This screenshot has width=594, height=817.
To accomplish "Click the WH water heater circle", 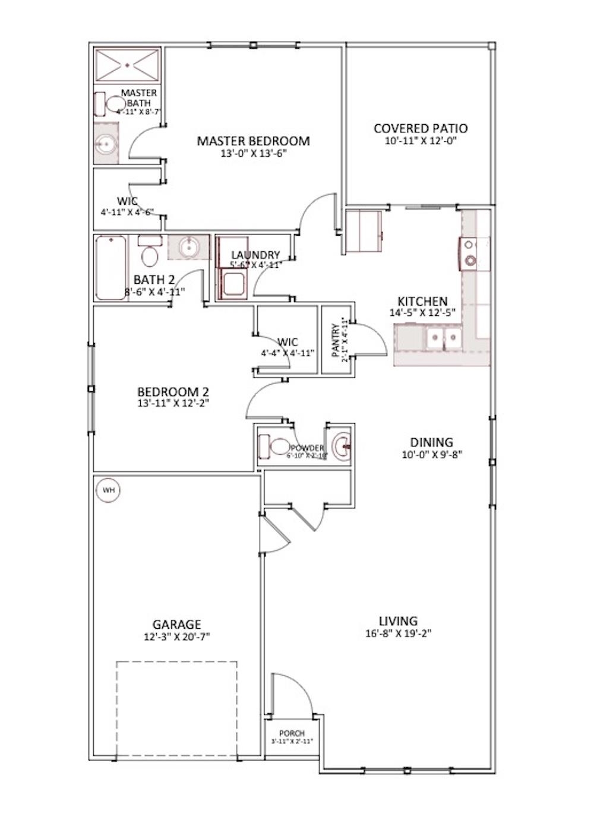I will coord(109,490).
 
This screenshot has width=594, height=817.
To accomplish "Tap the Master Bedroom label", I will coord(253,141).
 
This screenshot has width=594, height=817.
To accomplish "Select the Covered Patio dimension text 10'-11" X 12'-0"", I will coord(421,141).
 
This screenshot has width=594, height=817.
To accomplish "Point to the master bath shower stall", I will coord(127,65).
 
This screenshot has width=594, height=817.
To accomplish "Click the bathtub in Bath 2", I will coord(110,267).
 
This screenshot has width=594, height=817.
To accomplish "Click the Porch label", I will coord(292,734).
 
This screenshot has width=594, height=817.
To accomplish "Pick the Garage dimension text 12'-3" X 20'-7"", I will coord(177,636).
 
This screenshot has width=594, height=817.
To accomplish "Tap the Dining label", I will coord(432,442).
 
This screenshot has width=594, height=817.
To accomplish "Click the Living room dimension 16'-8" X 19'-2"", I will coord(398,633).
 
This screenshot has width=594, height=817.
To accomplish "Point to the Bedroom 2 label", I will coord(173,392).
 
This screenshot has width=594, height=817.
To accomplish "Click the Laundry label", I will coord(255,255).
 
